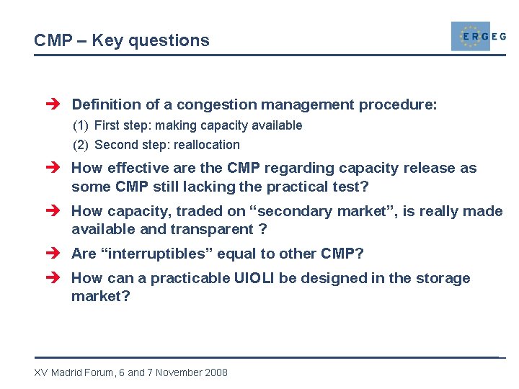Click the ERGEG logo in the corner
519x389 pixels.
477,36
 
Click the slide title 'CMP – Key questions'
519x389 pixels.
122,40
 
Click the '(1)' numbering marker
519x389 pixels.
81,125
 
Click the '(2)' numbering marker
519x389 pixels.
81,145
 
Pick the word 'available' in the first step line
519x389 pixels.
278,125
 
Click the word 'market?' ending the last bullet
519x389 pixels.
100,296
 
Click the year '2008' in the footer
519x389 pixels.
216,372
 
